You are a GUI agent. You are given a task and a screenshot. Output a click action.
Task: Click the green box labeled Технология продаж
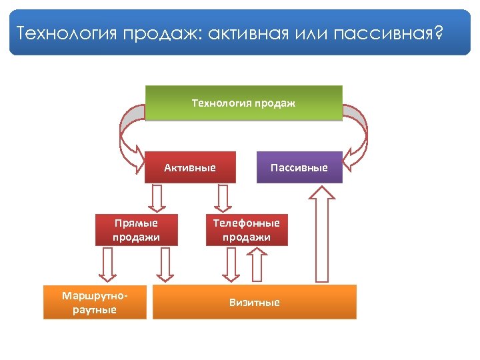[x=243, y=103]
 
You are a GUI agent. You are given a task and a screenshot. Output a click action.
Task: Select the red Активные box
[x=190, y=167]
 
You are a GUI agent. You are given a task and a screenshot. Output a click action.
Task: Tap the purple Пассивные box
[x=299, y=167]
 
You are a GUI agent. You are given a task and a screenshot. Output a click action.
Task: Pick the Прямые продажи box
[x=136, y=230]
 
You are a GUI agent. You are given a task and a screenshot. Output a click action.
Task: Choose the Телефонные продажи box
[x=247, y=230]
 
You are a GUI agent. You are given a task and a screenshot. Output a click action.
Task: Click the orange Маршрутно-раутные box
[x=95, y=302]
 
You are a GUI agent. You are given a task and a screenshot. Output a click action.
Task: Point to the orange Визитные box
[x=255, y=302]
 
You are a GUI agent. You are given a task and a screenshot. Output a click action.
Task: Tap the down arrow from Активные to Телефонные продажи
[x=223, y=197]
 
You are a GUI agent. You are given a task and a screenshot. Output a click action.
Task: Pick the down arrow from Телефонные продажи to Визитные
[x=231, y=266]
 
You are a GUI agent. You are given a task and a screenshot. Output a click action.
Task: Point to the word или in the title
[x=309, y=33]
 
